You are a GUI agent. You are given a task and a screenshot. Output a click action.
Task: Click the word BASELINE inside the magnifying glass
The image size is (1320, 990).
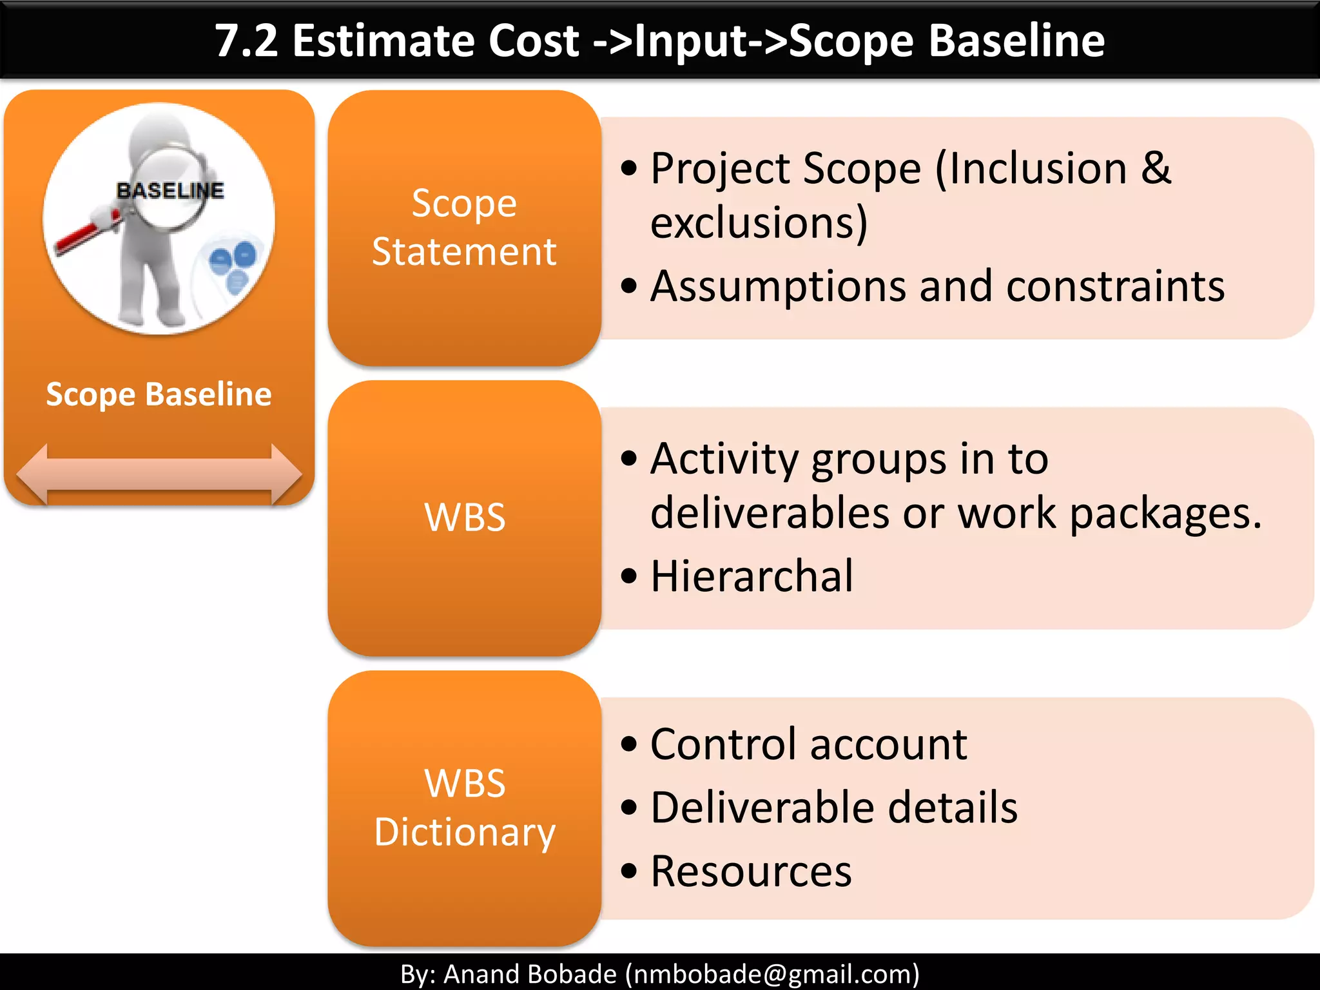point(170,190)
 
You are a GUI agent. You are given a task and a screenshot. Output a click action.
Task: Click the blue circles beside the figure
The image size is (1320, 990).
point(233,264)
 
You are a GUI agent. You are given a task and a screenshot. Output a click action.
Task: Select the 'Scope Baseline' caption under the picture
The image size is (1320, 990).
point(159,394)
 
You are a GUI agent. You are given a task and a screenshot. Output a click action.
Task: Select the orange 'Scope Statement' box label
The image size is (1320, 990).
point(464,227)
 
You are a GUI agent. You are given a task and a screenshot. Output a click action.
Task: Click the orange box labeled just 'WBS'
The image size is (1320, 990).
point(464,517)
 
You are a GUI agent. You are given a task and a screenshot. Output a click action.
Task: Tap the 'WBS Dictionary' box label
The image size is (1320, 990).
point(464,807)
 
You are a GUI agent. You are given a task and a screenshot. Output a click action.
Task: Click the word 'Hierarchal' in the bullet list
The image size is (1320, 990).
point(752,576)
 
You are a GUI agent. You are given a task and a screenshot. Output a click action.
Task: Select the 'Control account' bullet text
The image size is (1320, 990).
point(808,744)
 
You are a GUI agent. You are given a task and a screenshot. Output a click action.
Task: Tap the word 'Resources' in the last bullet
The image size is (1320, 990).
point(751,871)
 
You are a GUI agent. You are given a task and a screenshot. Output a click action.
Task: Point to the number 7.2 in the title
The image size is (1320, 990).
point(246,41)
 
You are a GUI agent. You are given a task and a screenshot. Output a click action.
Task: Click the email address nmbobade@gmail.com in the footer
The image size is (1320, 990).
point(771,974)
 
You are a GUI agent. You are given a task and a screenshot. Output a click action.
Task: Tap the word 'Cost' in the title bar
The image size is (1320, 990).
point(534,41)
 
